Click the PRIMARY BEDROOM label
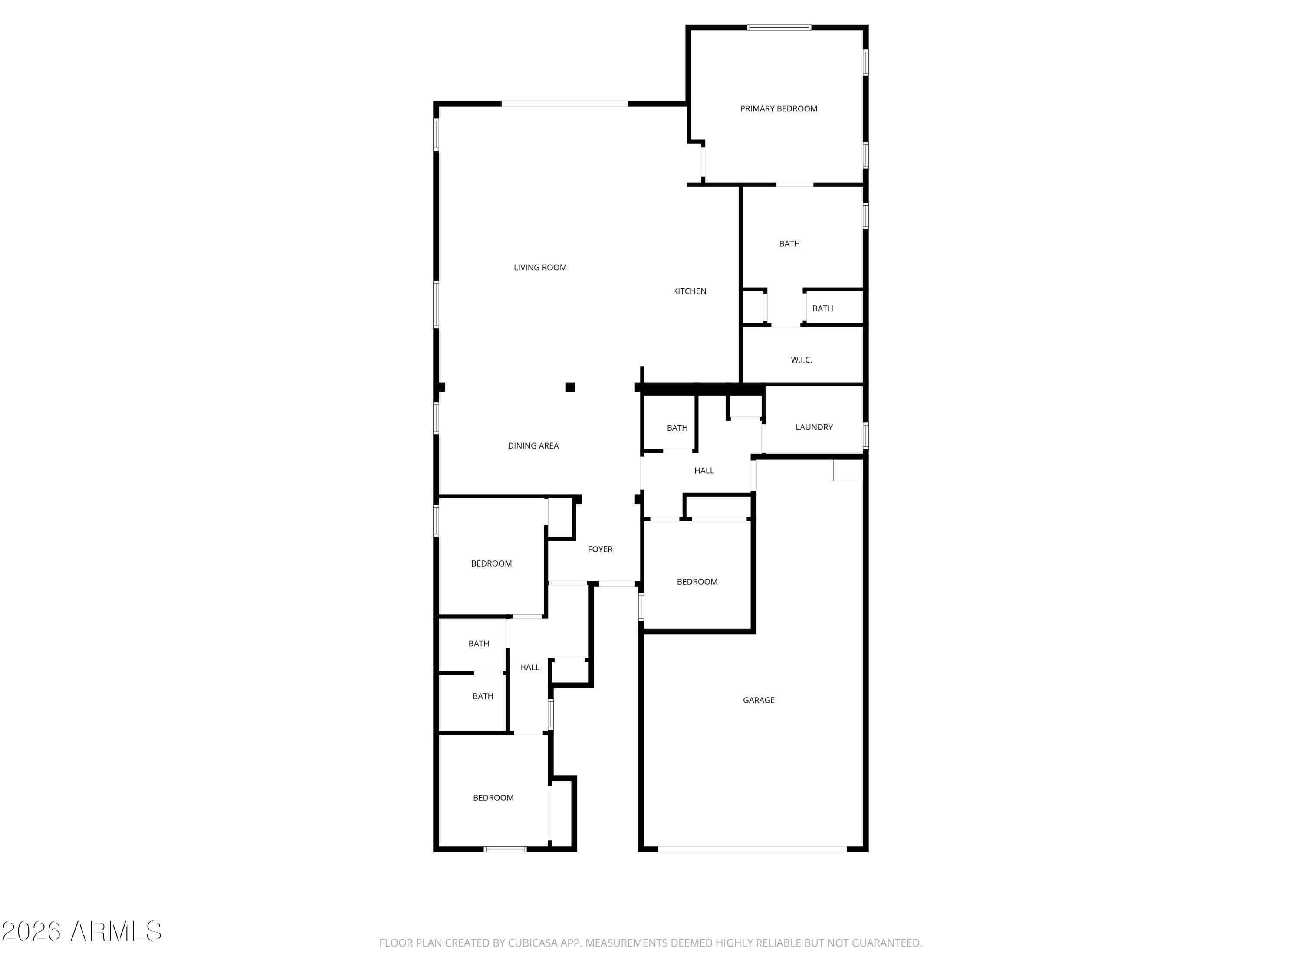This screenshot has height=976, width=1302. coord(778,109)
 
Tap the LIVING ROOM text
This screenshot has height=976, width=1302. coord(540,268)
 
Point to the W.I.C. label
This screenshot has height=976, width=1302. coord(801,360)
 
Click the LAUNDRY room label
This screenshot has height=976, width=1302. coord(814,427)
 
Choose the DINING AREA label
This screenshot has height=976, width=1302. coord(533,446)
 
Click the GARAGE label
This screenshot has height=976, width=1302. coord(758,700)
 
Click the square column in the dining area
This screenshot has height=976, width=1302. coord(570,387)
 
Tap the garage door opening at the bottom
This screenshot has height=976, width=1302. coord(752,849)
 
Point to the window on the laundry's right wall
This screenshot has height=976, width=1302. coord(866,436)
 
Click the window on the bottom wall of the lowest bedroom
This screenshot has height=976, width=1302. coord(505,849)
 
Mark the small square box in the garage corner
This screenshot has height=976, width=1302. coord(848,470)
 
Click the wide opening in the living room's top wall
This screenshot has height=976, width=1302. coord(565,104)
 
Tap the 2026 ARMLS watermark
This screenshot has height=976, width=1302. coord(82,932)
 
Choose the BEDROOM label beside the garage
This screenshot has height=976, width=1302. coord(697,582)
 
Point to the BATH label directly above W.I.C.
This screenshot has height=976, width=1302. coord(822,309)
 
